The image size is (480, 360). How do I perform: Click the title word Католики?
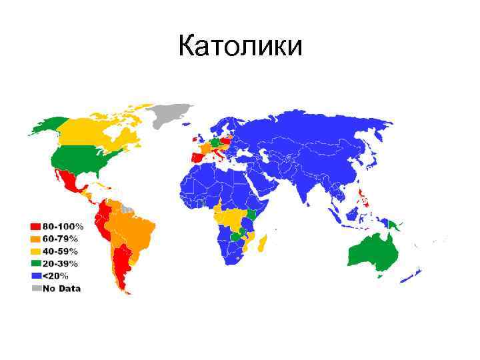point(240,46)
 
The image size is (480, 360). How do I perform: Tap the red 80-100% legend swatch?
point(34,225)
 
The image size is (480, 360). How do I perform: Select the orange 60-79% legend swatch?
point(34,238)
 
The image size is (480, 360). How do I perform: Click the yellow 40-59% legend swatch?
point(34,251)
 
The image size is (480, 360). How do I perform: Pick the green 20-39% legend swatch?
point(34,263)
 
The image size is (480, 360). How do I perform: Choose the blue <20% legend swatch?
point(34,275)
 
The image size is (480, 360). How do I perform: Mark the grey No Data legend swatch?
point(34,288)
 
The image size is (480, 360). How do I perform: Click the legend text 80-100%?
point(61,225)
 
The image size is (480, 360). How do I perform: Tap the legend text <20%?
point(55,275)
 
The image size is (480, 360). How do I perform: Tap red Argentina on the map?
point(121,267)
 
